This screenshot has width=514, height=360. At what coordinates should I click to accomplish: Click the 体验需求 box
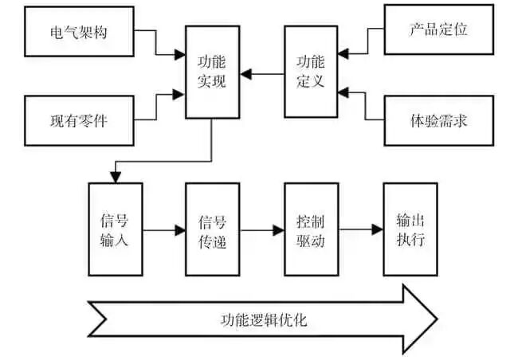(437, 120)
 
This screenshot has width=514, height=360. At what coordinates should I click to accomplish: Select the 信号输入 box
(115, 229)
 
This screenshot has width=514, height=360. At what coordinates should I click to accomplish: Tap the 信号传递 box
(213, 229)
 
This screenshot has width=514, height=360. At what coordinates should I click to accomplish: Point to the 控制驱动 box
(312, 229)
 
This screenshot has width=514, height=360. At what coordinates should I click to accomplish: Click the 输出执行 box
(410, 229)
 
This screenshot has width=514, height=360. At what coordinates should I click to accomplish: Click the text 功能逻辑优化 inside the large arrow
(263, 321)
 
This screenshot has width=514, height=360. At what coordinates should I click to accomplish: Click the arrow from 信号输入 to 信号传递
(163, 231)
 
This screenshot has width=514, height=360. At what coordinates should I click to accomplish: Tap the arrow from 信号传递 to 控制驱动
(262, 231)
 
